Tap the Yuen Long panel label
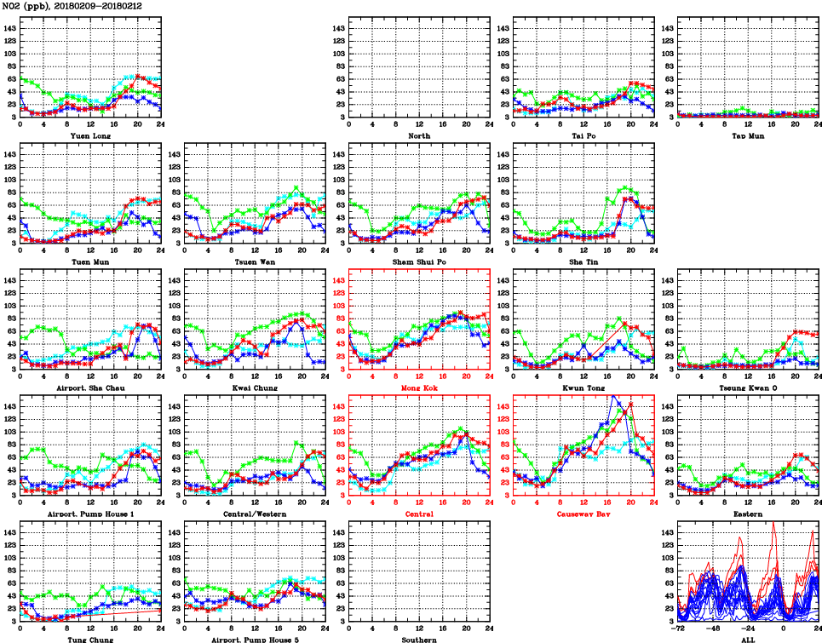89,135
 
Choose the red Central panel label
418,514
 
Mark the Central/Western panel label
254,514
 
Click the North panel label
418,135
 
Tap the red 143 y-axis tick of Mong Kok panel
339,280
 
